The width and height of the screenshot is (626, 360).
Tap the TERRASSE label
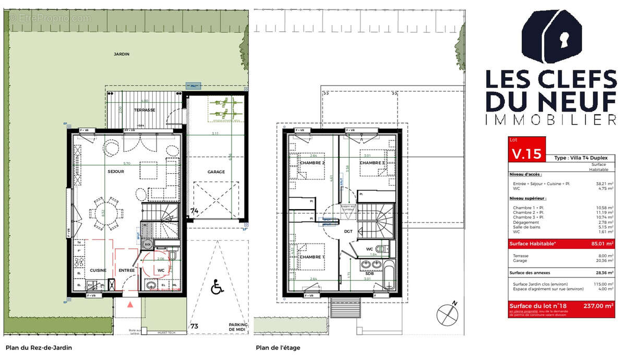(x=144, y=111)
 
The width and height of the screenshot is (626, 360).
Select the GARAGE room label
(x=216, y=172)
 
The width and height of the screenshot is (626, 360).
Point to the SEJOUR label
(x=116, y=172)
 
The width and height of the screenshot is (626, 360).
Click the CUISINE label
(x=98, y=270)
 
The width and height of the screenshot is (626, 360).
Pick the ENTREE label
(x=126, y=270)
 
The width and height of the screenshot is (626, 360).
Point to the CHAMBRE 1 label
(x=312, y=257)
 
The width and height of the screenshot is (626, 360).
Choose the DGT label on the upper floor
(x=348, y=231)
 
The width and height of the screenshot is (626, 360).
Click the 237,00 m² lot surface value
(x=599, y=306)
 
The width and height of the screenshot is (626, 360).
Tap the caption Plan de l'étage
(x=278, y=347)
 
